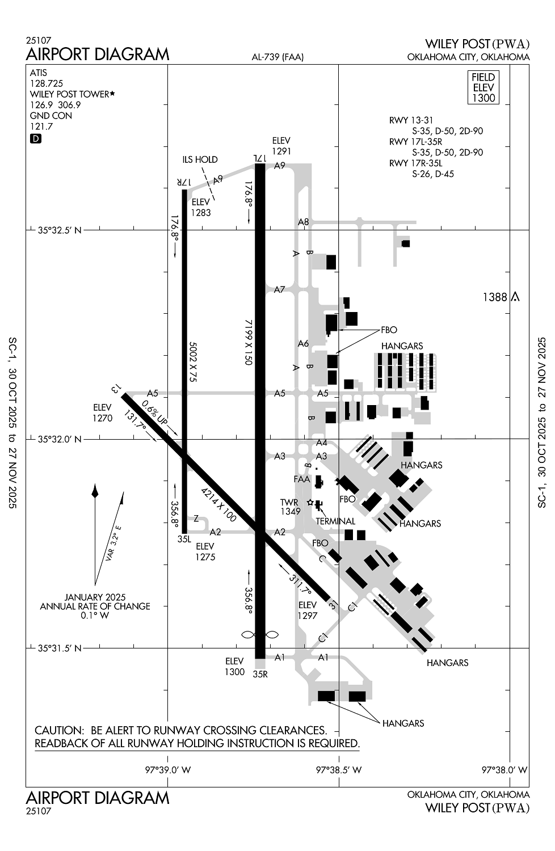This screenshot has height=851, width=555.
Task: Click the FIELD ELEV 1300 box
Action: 483,87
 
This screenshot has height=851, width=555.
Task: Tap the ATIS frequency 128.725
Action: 47,83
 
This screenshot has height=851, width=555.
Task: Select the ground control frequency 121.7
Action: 41,126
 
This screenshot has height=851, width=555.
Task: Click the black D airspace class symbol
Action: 35,138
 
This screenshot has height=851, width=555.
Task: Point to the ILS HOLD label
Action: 200,160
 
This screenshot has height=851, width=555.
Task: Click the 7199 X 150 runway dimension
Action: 249,342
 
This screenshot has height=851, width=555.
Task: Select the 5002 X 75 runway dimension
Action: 192,361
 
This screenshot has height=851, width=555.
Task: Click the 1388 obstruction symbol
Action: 515,296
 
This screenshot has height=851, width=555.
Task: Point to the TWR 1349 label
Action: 290,507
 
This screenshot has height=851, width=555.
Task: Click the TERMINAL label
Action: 335,521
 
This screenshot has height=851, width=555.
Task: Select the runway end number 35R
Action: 260,674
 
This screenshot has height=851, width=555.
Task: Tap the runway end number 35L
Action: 184,539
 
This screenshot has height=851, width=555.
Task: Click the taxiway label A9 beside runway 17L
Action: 279,166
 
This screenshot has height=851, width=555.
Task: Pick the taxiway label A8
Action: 304,222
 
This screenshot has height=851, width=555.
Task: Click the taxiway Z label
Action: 196,518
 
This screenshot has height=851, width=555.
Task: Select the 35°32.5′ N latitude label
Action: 60,230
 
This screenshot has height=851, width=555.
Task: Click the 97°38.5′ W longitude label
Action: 339,770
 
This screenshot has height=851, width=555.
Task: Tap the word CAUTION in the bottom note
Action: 58,730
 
